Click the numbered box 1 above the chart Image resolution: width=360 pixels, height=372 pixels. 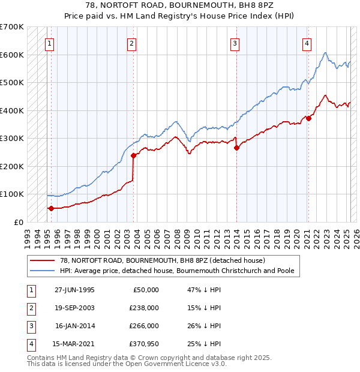coord(49,43)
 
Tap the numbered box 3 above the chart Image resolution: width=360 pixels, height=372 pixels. coord(235,43)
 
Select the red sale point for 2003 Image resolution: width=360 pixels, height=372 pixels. coord(134,156)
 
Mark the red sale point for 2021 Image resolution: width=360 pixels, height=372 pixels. coord(308,118)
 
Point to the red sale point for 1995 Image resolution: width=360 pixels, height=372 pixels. coord(51,208)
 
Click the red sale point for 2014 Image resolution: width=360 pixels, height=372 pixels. coord(236,148)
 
